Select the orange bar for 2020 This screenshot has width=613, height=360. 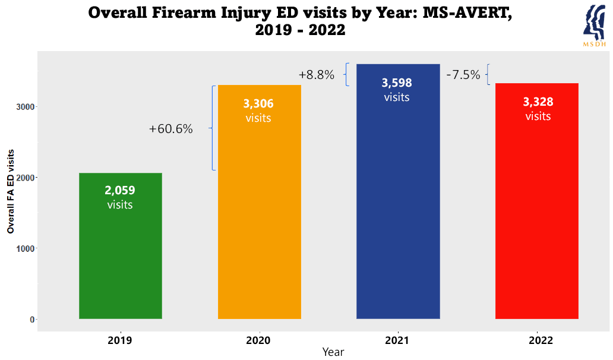tap(259, 226)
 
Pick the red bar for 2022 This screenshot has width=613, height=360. tap(536, 226)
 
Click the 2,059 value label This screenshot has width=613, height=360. tap(120, 191)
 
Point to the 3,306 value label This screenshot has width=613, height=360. tap(258, 104)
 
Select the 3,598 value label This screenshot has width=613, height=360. tap(397, 83)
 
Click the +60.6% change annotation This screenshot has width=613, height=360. tap(171, 129)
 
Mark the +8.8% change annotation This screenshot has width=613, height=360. tap(317, 75)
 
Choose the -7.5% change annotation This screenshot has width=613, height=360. tap(463, 75)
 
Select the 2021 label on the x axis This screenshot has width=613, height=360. tap(397, 340)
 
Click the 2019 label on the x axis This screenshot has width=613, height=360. tap(120, 340)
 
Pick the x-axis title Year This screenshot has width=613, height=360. tap(333, 352)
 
